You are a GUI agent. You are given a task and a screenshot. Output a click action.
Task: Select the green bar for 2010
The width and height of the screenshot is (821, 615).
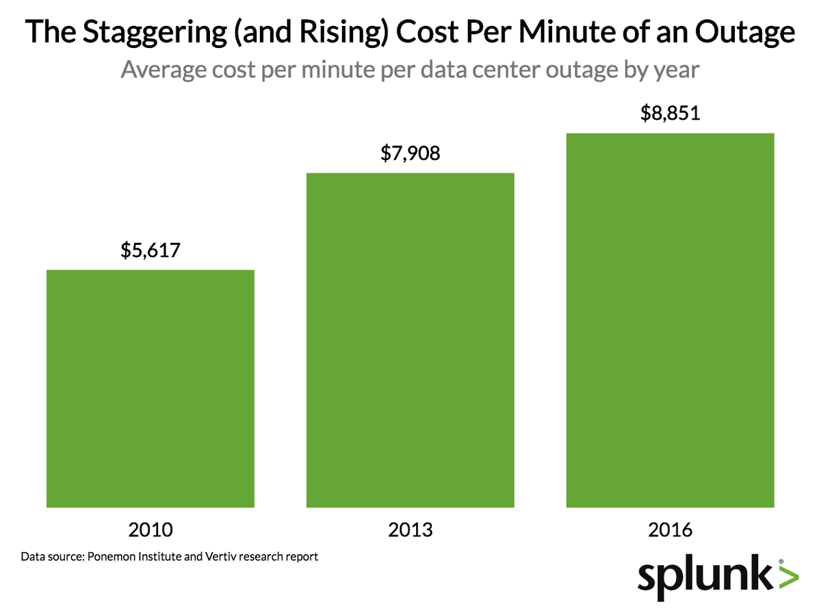pos(150,389)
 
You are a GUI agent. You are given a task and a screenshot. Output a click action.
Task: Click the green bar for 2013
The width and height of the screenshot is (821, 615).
pos(410,340)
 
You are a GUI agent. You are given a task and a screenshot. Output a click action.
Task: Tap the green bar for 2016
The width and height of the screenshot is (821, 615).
pos(670,320)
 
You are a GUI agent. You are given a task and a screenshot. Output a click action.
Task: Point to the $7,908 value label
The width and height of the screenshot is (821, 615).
pos(410,153)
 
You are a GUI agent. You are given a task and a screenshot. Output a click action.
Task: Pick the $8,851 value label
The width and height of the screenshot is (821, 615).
pos(670,113)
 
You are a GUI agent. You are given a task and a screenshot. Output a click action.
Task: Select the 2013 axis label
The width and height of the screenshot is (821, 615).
pos(410,529)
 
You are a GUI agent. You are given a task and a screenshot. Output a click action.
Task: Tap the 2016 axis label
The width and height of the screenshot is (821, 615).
pos(670,529)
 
